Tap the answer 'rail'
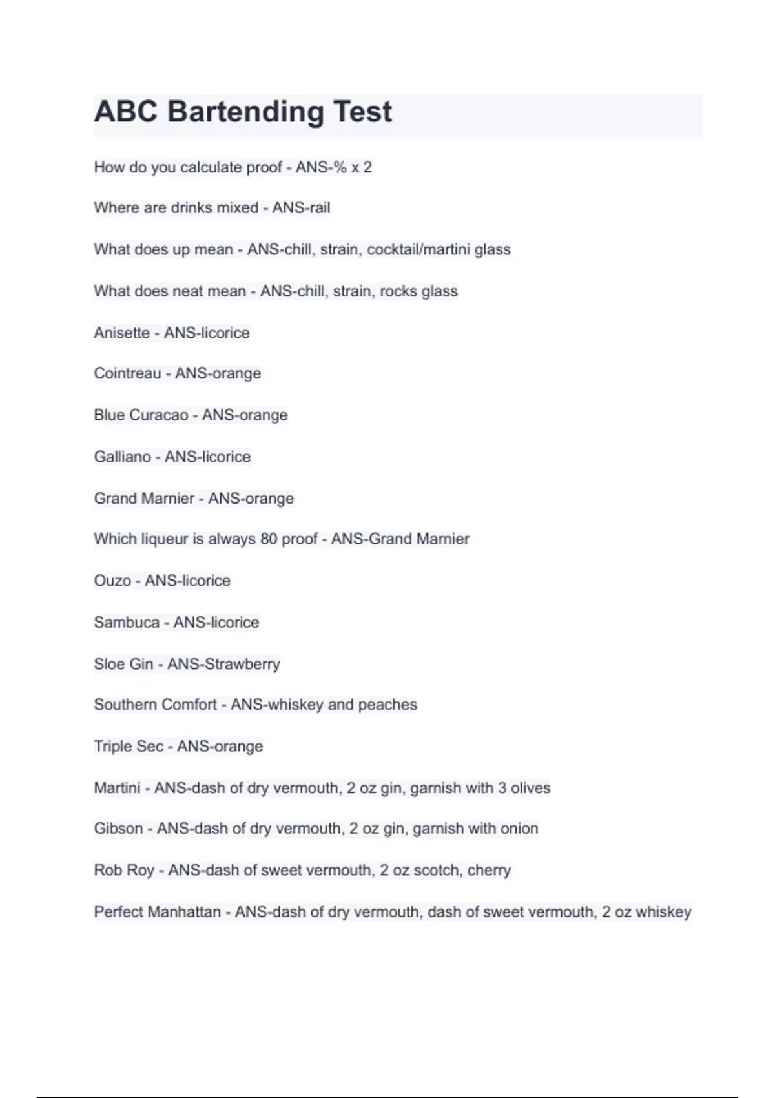click(318, 208)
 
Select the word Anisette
click(121, 333)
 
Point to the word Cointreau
click(127, 373)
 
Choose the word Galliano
click(122, 457)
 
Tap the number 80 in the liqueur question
click(269, 539)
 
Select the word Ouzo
click(112, 581)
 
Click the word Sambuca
click(127, 622)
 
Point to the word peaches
click(387, 704)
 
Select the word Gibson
click(118, 829)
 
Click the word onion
click(519, 829)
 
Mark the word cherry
click(489, 870)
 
